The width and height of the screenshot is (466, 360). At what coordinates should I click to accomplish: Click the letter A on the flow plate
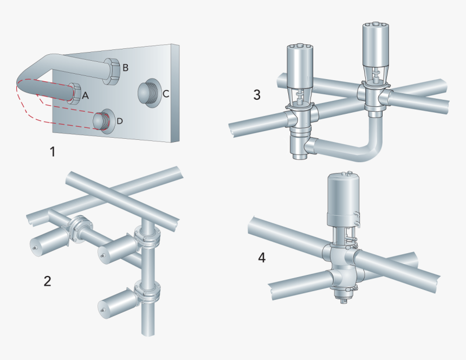pos(85,95)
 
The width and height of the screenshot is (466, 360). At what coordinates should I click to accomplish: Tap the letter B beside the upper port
pos(125,68)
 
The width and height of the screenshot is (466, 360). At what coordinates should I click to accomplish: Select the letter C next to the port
pos(166,93)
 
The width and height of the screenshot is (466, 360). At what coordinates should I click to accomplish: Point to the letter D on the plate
pos(120,120)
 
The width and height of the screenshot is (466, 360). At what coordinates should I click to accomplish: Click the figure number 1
pos(53,152)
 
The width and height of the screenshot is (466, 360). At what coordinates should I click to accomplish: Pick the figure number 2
pos(48,281)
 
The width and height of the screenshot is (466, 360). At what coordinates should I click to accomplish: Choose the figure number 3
pos(257,94)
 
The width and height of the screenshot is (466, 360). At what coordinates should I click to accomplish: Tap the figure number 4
pos(262,258)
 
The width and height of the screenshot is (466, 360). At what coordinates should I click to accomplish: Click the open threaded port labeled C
pos(147,92)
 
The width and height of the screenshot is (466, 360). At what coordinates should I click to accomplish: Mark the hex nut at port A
pos(74,93)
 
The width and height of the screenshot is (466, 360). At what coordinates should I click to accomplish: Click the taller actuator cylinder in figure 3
pos(373,46)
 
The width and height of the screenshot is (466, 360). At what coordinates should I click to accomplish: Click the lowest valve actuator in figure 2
pos(117,302)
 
